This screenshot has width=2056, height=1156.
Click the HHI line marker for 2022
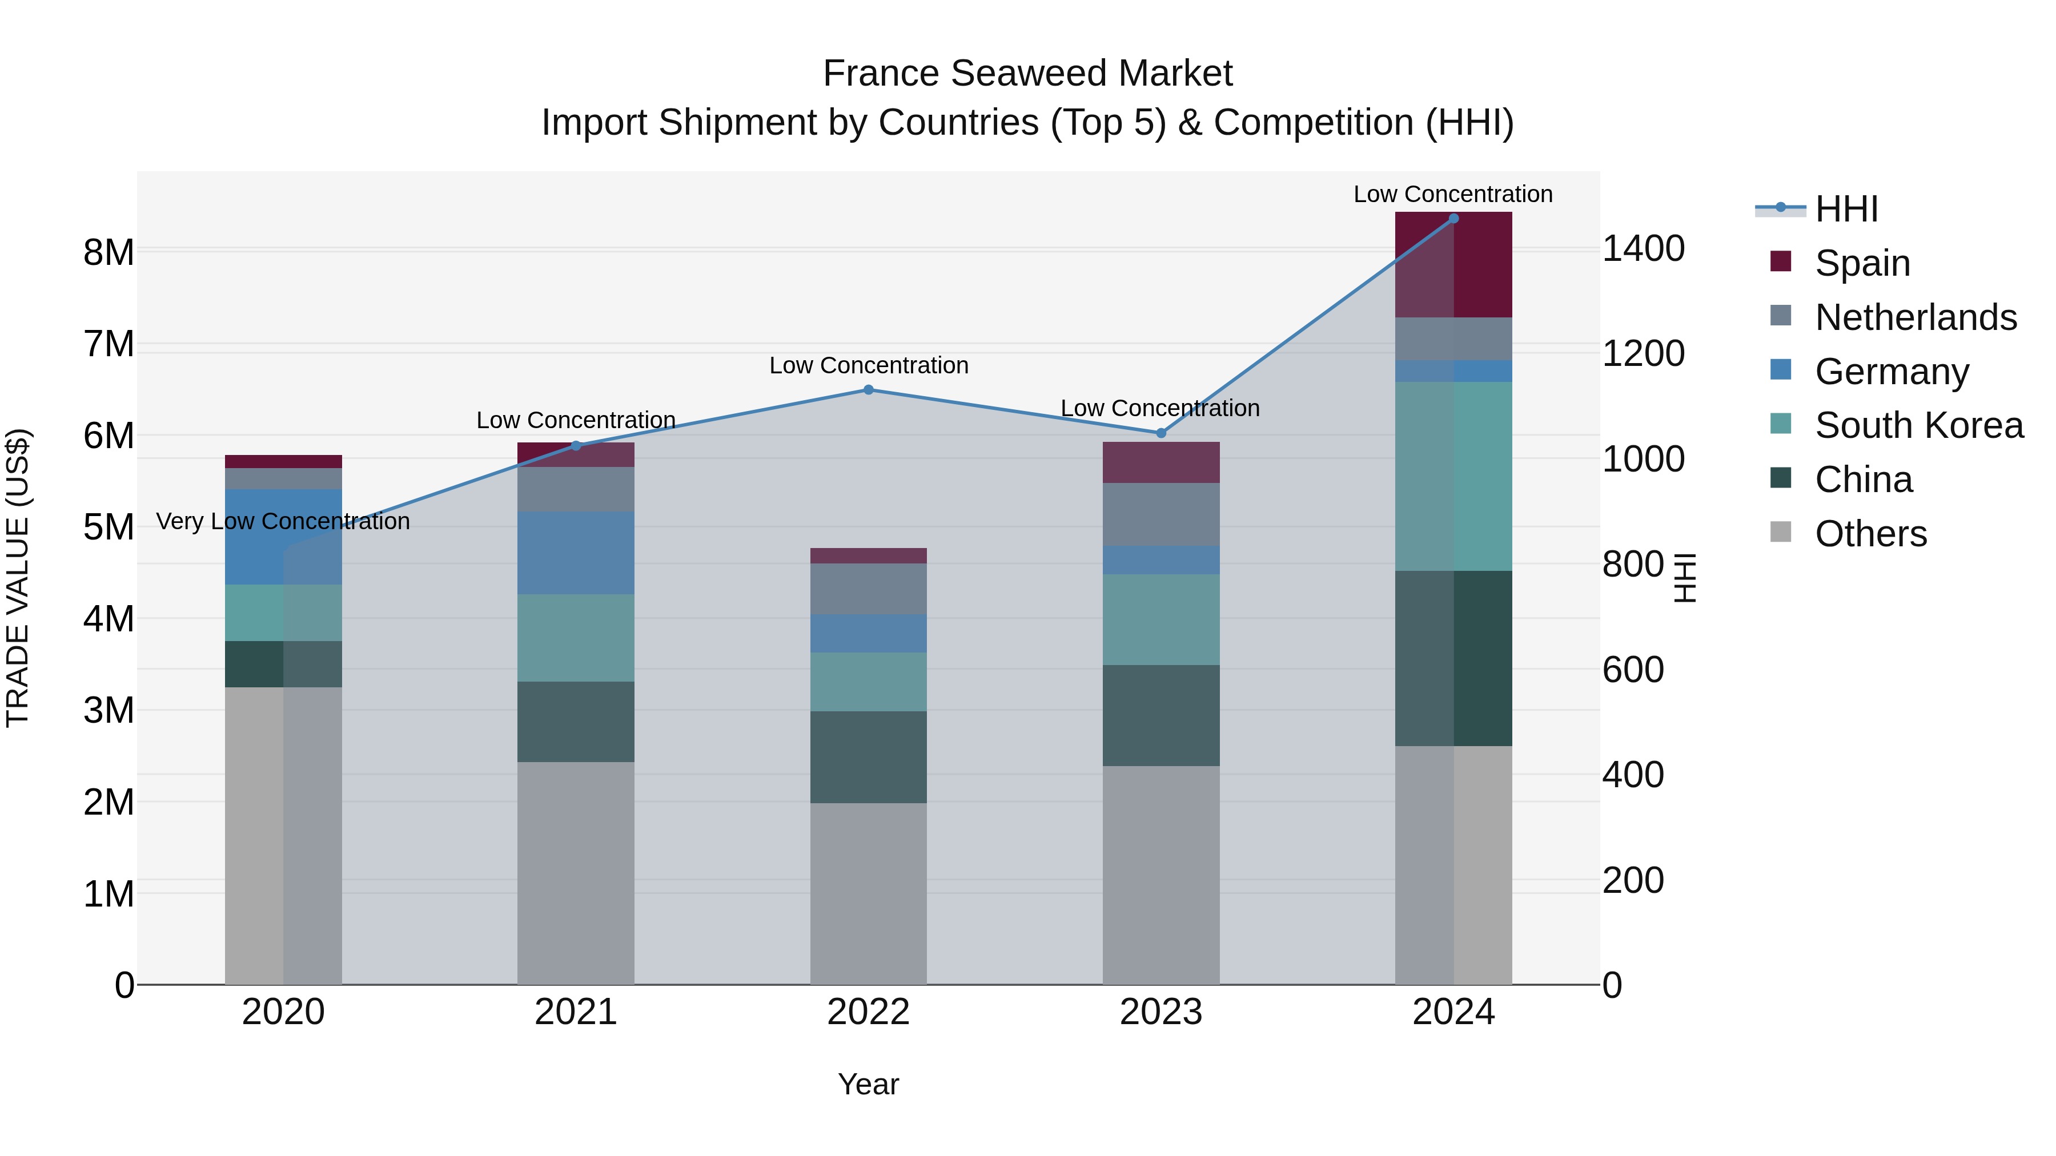point(868,390)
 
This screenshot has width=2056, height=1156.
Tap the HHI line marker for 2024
point(1453,219)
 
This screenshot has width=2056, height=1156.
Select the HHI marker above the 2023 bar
point(1161,433)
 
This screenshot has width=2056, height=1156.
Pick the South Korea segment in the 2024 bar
point(1453,476)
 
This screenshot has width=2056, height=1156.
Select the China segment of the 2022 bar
point(868,756)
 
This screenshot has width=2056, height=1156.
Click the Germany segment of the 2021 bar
point(576,553)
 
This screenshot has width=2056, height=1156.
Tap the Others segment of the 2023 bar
point(1161,875)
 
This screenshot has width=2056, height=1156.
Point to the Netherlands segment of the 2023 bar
point(1161,514)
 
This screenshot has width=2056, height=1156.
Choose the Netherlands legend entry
point(1916,317)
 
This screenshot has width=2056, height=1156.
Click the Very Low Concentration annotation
point(283,522)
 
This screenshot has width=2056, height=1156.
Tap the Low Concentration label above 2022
point(868,365)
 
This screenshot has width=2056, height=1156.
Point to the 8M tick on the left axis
point(109,253)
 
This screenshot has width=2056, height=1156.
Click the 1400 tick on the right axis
point(1643,249)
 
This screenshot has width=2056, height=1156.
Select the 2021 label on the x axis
point(576,1012)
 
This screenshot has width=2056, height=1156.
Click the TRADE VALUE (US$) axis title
point(18,578)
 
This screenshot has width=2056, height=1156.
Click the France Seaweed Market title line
point(1027,74)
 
